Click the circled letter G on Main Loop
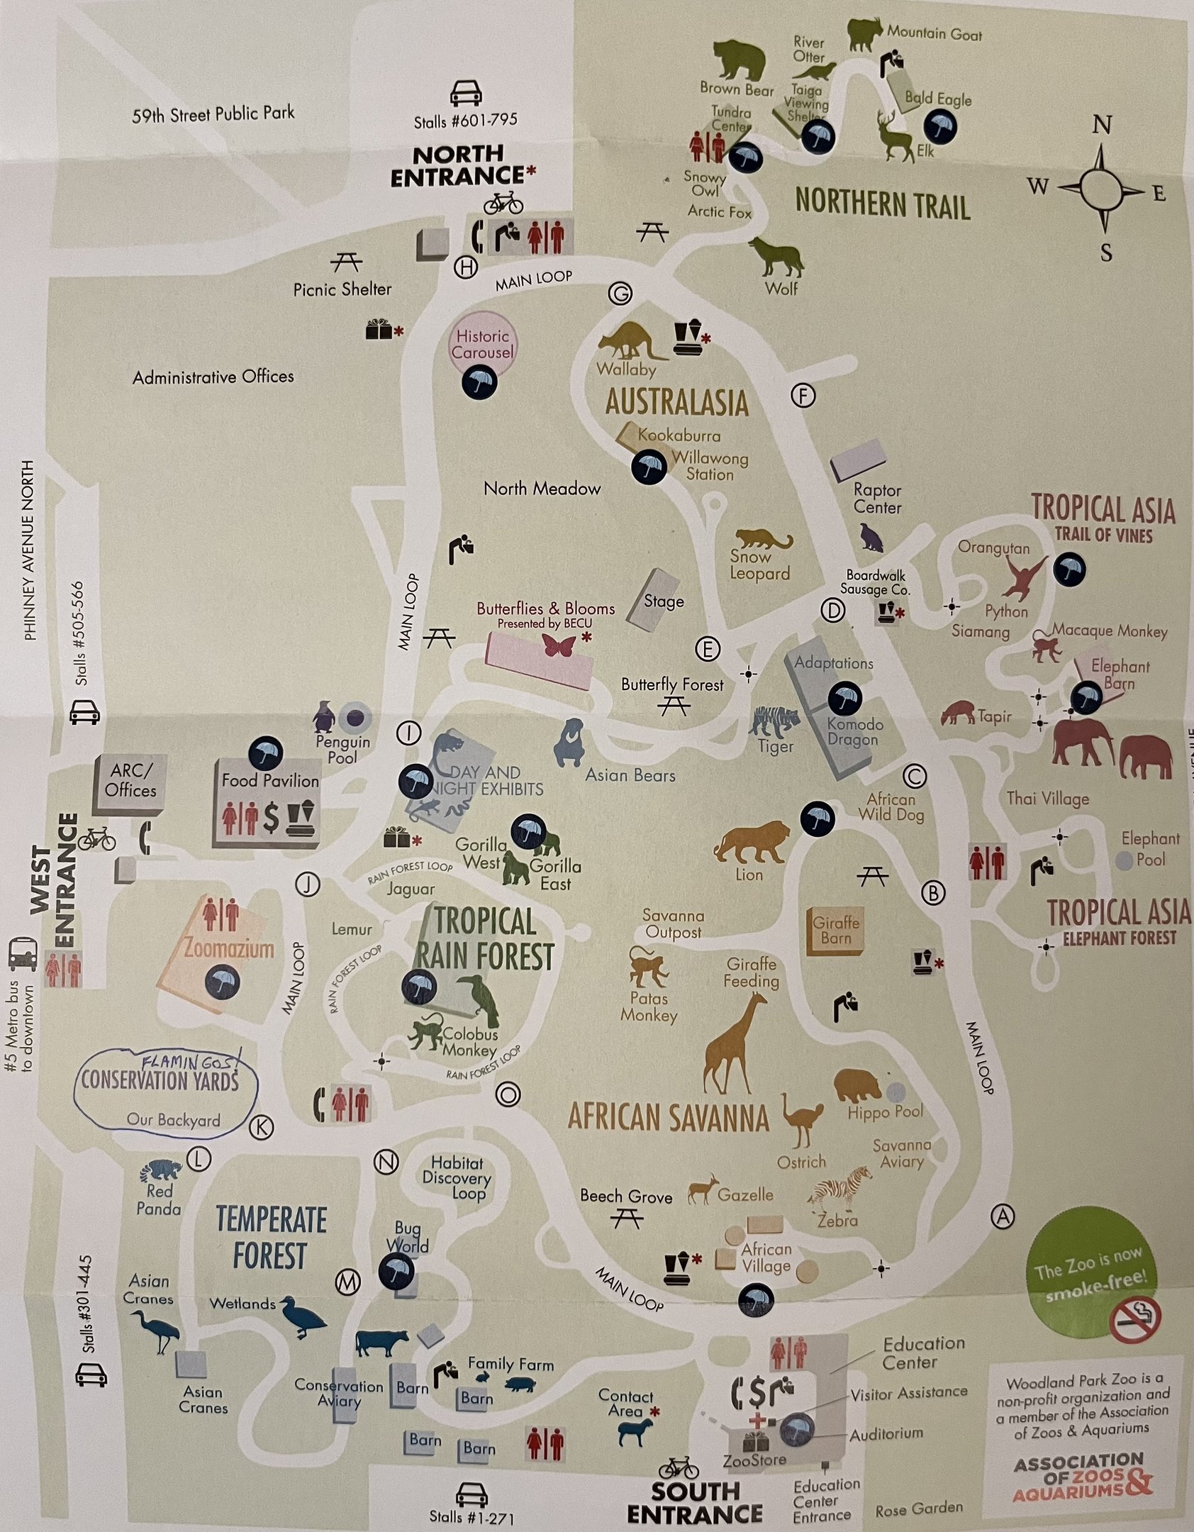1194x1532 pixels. [620, 294]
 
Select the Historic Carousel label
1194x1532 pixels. [483, 345]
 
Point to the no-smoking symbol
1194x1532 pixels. [1134, 1319]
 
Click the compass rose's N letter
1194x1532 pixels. [1102, 126]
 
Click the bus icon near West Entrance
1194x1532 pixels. [23, 953]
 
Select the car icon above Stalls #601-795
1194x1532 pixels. [466, 93]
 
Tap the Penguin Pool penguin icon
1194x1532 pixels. [324, 716]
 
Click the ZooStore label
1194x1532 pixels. [754, 1460]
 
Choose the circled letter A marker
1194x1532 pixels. [1002, 1216]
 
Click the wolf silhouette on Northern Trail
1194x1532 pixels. [777, 257]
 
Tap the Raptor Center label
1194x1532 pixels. [877, 499]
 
